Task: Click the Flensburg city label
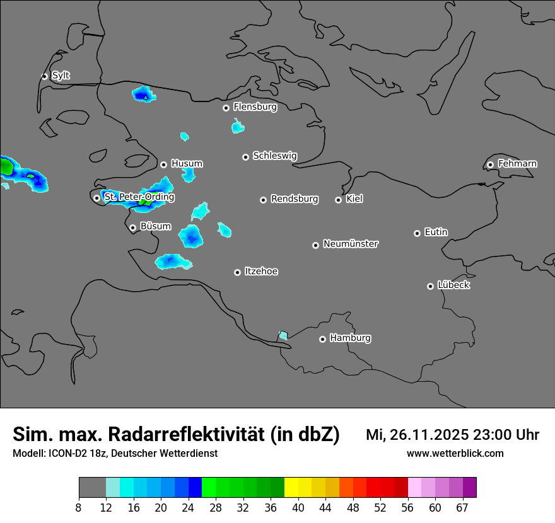[255, 107]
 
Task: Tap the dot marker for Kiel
[338, 200]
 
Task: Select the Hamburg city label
[350, 338]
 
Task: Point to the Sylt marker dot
[45, 76]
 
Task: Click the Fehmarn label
[517, 164]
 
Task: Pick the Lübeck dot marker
[430, 286]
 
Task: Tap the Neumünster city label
[351, 244]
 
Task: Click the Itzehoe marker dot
[237, 272]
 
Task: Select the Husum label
[187, 164]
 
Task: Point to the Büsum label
[155, 226]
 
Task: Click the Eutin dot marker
[417, 233]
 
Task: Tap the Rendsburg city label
[295, 199]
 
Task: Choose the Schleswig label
[274, 156]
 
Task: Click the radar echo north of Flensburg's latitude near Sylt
[144, 95]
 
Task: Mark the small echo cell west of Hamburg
[283, 335]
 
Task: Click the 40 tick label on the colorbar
[298, 507]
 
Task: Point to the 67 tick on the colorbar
[462, 507]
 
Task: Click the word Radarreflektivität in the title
[187, 435]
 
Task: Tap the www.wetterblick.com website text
[455, 454]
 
